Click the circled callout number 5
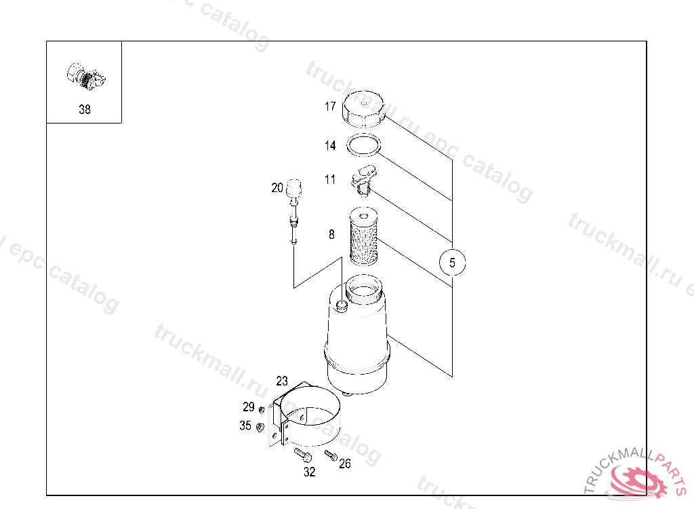(453, 261)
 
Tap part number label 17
(330, 107)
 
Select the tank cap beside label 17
(364, 109)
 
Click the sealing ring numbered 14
(363, 145)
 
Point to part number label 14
(330, 145)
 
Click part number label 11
(330, 180)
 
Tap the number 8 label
(331, 235)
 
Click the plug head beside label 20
(293, 187)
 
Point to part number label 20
(277, 188)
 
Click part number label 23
(282, 381)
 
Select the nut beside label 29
(261, 408)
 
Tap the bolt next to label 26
(331, 454)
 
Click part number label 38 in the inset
(84, 109)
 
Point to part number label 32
(309, 472)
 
